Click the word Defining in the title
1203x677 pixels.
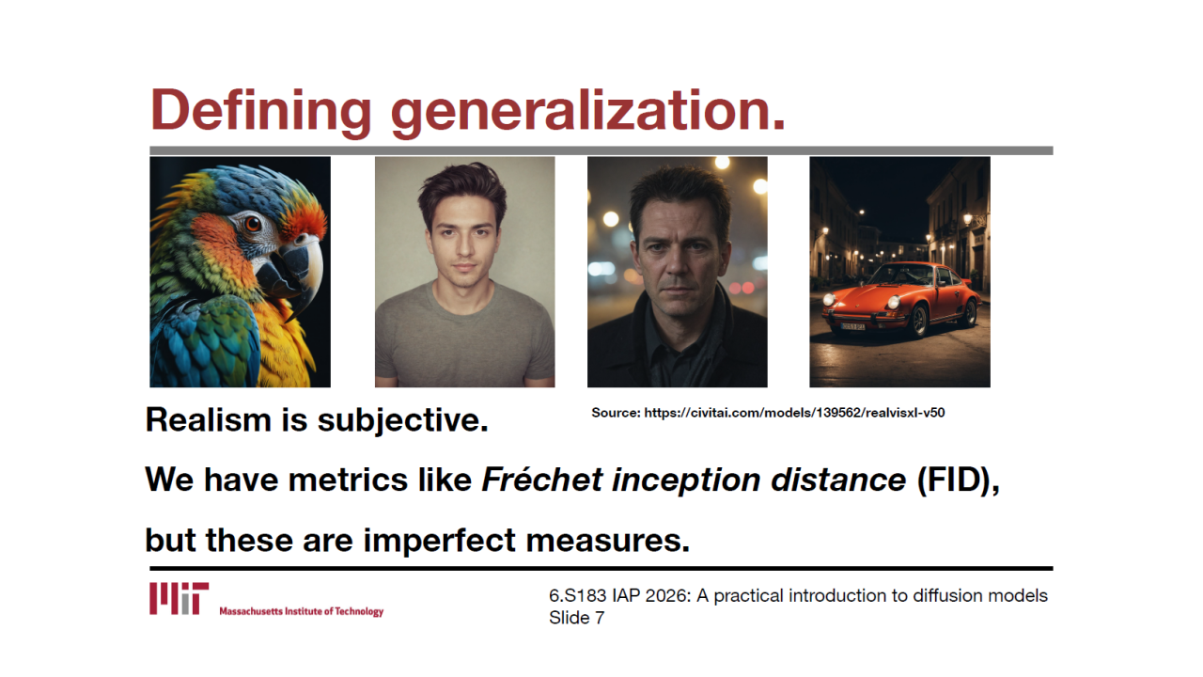[260, 111]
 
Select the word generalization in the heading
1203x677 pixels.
[587, 111]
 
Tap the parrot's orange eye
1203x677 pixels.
[251, 223]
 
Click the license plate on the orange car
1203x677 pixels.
[852, 326]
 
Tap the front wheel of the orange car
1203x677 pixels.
[920, 321]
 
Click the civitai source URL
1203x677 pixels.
[794, 413]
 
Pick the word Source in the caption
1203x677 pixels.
[616, 413]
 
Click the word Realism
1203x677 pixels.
[209, 419]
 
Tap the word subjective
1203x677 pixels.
[403, 420]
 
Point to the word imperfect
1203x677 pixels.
[439, 540]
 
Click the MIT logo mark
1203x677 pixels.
[179, 598]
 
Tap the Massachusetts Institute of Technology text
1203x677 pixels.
[302, 611]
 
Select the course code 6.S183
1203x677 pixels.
[577, 596]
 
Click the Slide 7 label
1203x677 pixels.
[576, 618]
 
